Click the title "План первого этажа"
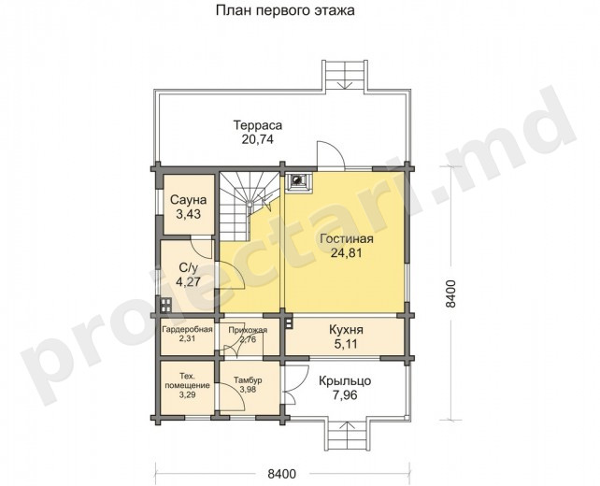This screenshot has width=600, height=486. pyautogui.click(x=285, y=10)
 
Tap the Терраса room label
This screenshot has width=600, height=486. pyautogui.click(x=258, y=125)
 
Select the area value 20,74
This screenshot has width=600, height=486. pyautogui.click(x=258, y=139)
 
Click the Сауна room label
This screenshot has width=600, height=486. pyautogui.click(x=188, y=199)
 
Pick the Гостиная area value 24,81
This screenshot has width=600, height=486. pyautogui.click(x=346, y=253)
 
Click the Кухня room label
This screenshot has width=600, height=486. pyautogui.click(x=346, y=330)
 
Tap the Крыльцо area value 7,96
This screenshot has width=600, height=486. pyautogui.click(x=345, y=395)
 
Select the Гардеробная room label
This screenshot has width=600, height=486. pyautogui.click(x=187, y=330)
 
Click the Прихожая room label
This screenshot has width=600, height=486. pyautogui.click(x=248, y=330)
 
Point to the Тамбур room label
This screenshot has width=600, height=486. pyautogui.click(x=248, y=380)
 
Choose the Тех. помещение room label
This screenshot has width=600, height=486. pyautogui.click(x=187, y=380)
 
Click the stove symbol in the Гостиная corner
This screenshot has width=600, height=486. pyautogui.click(x=297, y=180)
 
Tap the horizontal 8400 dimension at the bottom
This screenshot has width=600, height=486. pyautogui.click(x=281, y=474)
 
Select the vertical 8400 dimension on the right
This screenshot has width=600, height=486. pyautogui.click(x=451, y=293)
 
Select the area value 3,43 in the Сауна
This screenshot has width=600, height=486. pyautogui.click(x=188, y=214)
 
